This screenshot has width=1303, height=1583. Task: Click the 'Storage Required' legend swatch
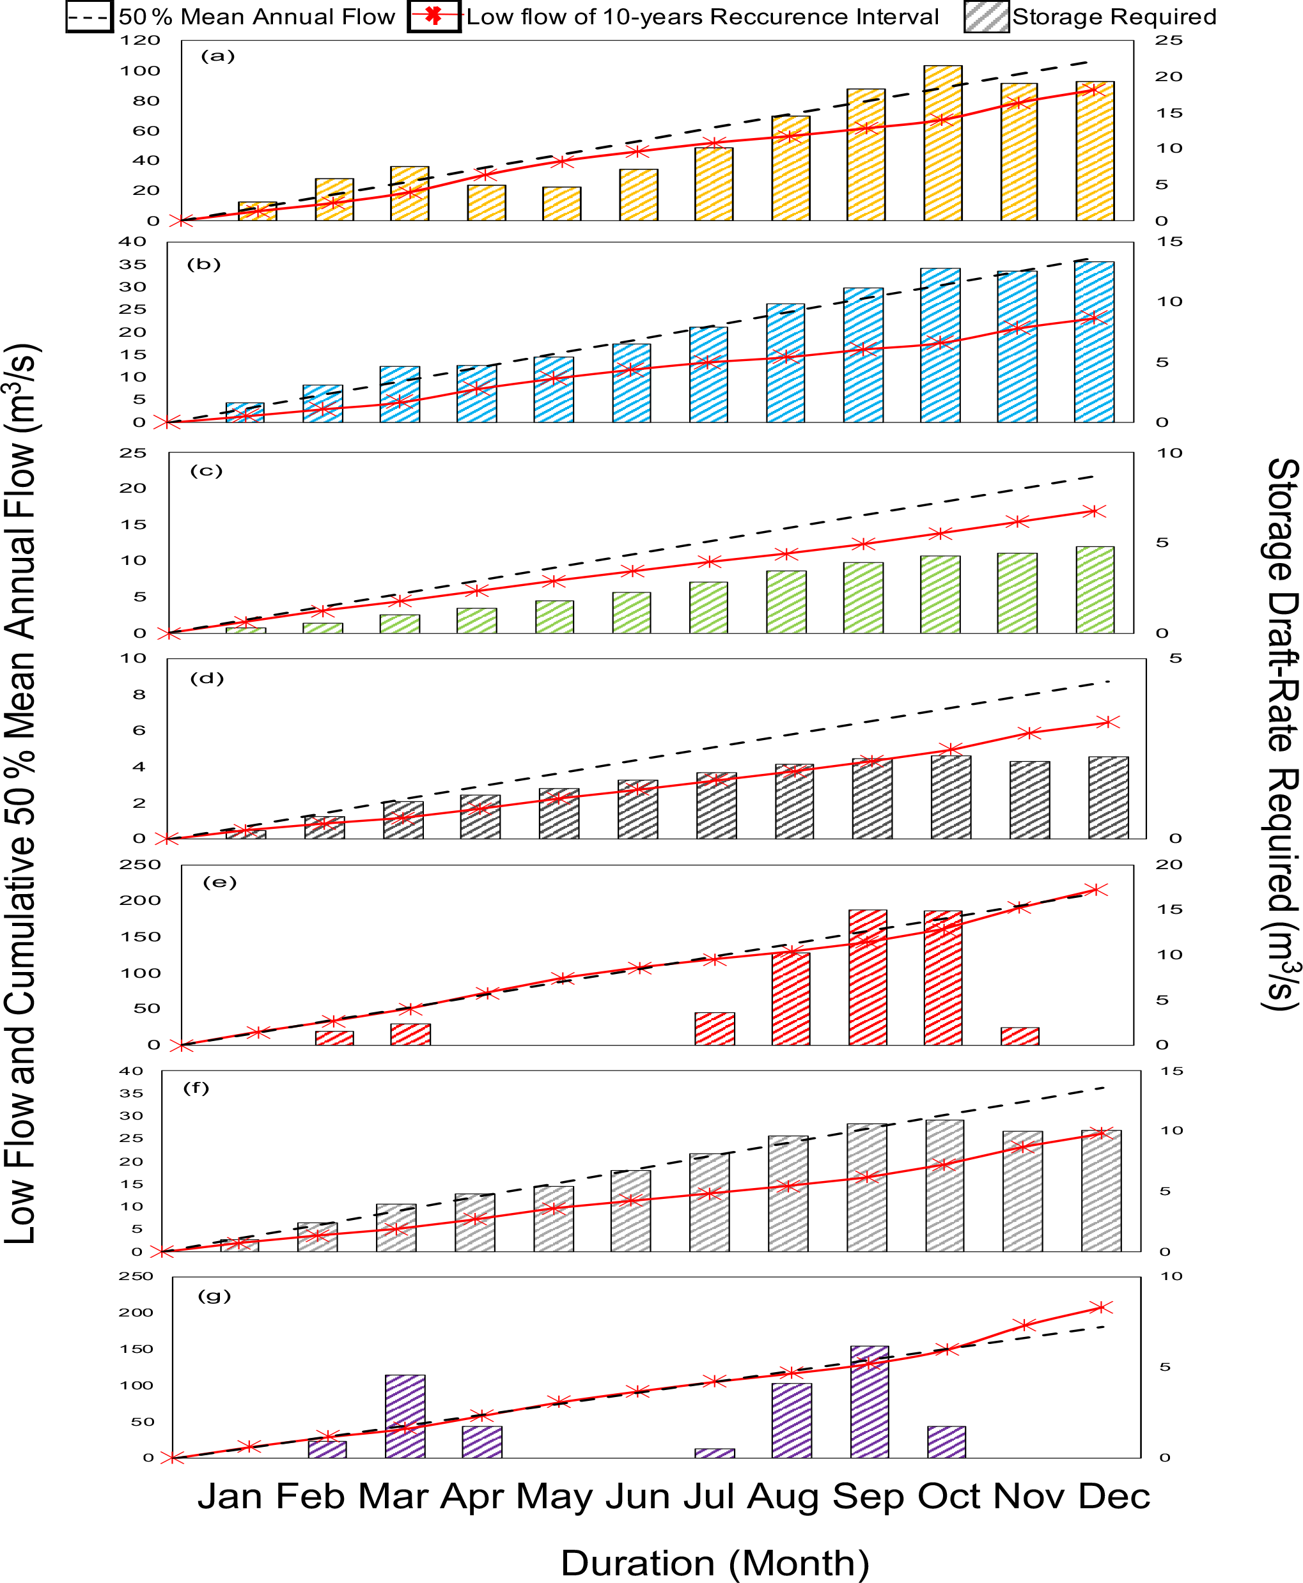(x=987, y=17)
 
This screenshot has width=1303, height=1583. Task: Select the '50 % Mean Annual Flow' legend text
(x=256, y=17)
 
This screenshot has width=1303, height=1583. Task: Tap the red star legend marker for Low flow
(x=433, y=16)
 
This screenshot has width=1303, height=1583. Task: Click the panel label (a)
(x=217, y=56)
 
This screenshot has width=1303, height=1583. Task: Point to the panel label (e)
(x=219, y=883)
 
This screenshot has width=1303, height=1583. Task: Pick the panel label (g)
(x=214, y=1295)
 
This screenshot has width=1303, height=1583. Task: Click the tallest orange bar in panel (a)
(x=942, y=143)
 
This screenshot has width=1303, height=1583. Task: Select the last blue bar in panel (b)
(x=1093, y=341)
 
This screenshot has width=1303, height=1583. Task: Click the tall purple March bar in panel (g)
(x=405, y=1416)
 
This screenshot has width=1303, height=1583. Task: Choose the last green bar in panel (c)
(x=1095, y=590)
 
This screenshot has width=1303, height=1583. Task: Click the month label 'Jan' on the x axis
(x=230, y=1496)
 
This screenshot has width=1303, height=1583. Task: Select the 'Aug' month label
(x=783, y=1496)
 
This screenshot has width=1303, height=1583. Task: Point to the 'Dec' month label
(x=1114, y=1496)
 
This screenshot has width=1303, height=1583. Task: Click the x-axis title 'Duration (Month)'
(x=715, y=1563)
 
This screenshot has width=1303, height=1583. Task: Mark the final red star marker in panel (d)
(x=1108, y=722)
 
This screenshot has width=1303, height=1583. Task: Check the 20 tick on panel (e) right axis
(x=1169, y=864)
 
